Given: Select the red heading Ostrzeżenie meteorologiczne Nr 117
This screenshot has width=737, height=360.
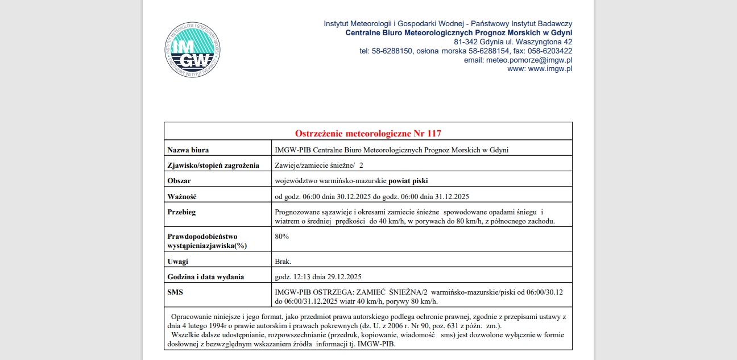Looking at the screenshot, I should tap(368, 134).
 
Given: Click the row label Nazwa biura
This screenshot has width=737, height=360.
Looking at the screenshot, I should tap(188, 150).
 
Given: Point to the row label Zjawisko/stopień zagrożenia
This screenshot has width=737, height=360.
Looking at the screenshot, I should tap(213, 165).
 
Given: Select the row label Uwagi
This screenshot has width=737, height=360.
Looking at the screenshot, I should tap(178, 262).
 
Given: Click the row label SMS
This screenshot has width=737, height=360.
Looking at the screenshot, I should tap(176, 292).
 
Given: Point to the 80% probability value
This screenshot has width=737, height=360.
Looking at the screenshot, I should tap(282, 237).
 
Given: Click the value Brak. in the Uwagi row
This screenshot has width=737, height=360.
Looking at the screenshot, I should tap(283, 262).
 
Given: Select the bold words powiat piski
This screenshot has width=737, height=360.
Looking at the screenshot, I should tap(408, 181).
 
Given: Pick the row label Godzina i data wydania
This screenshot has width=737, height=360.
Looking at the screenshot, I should tap(206, 277).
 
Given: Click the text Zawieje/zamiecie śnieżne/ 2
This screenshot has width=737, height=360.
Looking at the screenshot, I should tap(319, 165).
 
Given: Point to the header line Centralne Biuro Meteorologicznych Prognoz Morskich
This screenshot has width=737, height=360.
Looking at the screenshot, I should tap(458, 33).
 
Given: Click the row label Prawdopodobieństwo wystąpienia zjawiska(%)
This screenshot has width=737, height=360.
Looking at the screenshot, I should tap(203, 241).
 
